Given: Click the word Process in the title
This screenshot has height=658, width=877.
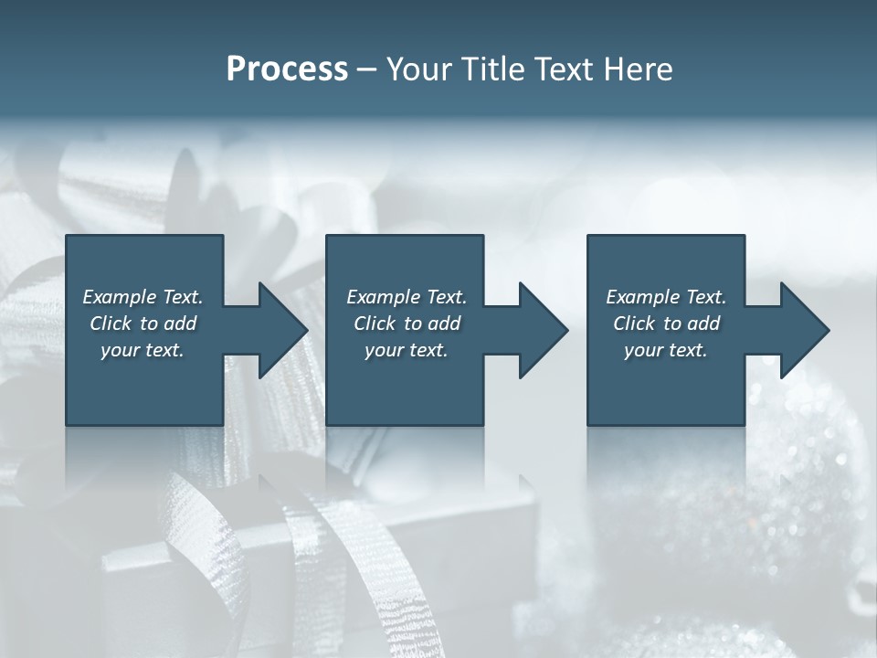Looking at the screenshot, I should coord(287,69).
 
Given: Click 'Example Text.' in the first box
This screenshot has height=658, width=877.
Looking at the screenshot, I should coord(143,297).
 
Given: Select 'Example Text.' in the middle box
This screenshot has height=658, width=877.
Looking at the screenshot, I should coord(407,297).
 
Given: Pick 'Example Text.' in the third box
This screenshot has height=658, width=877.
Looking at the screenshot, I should coord(666,297).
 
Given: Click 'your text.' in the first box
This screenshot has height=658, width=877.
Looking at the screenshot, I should coord(143,350).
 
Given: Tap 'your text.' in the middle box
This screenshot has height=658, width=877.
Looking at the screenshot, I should coord(407,350).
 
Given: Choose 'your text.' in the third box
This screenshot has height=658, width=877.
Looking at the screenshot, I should coord(666,350).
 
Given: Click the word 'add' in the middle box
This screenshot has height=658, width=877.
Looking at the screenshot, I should coord(445,324).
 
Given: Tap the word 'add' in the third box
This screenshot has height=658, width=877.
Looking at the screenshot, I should coord(704,324).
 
